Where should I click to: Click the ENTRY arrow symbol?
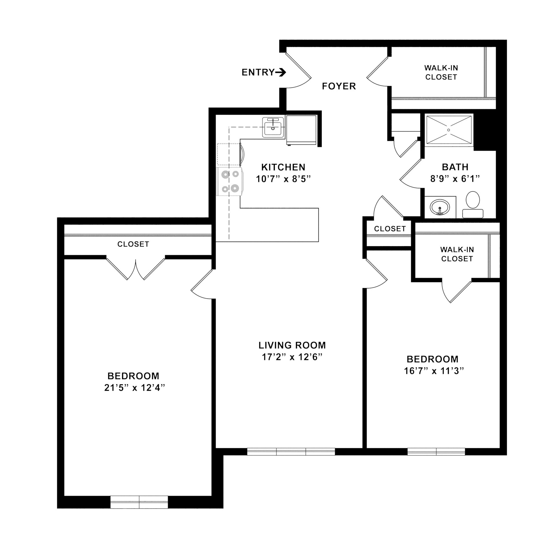pyautogui.click(x=281, y=72)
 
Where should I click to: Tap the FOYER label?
pyautogui.click(x=339, y=86)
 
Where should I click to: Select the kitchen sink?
pyautogui.click(x=273, y=128)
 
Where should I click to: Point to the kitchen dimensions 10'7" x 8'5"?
pyautogui.click(x=283, y=179)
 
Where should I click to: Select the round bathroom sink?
pyautogui.click(x=440, y=207)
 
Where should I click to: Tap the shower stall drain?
pyautogui.click(x=449, y=130)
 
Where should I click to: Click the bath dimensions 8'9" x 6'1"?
pyautogui.click(x=455, y=179)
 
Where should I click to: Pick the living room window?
pyautogui.click(x=291, y=451)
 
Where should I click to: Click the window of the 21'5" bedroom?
pyautogui.click(x=139, y=510)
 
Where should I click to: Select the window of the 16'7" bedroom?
pyautogui.click(x=436, y=451)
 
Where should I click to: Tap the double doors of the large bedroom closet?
pyautogui.click(x=136, y=269)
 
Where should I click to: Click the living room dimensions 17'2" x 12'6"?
pyautogui.click(x=292, y=357)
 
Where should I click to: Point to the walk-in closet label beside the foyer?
pyautogui.click(x=441, y=72)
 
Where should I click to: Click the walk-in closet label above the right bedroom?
pyautogui.click(x=457, y=254)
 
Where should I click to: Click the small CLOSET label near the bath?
pyautogui.click(x=390, y=229)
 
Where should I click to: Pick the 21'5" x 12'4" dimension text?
pyautogui.click(x=135, y=388)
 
